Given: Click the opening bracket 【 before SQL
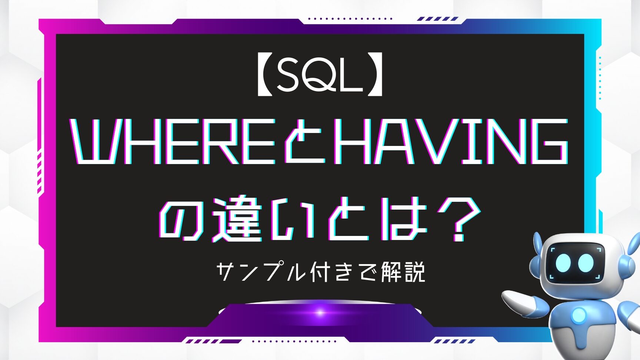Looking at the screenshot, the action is point(264,78).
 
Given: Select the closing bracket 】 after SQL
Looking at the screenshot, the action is point(375,78).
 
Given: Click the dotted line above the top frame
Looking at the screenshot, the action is point(350,18).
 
